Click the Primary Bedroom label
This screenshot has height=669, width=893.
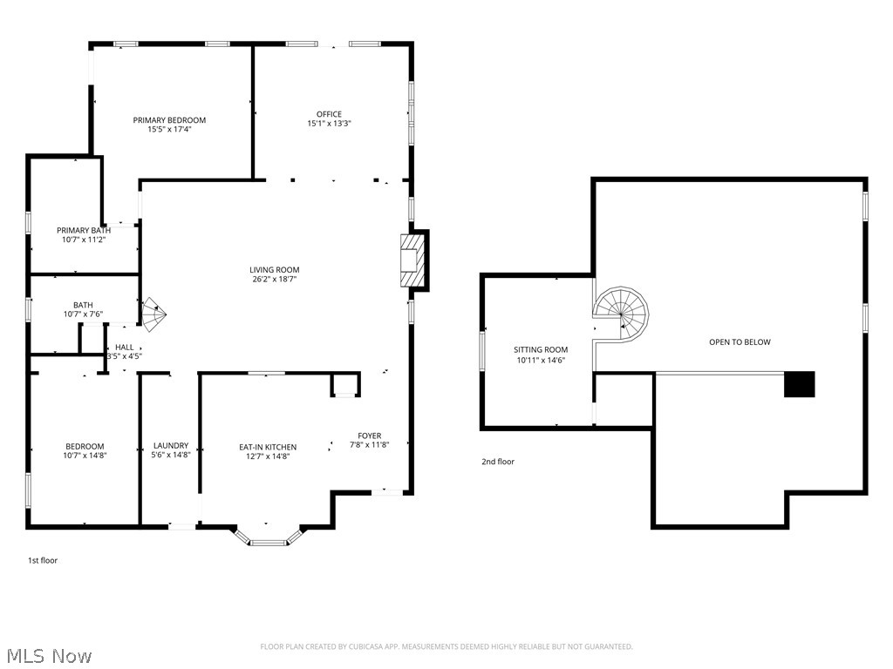click(x=169, y=120)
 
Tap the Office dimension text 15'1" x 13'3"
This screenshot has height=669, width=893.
click(x=329, y=124)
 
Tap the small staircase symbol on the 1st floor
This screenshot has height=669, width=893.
click(x=153, y=315)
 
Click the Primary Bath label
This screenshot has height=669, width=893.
click(x=84, y=230)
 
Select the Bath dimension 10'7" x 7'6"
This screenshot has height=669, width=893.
click(x=83, y=314)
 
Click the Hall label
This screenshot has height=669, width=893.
click(x=125, y=347)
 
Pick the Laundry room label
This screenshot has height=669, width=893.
click(x=171, y=445)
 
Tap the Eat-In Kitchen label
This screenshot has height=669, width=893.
click(x=268, y=447)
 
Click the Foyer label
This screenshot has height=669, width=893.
click(x=369, y=436)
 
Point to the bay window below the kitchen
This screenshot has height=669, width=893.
click(x=269, y=536)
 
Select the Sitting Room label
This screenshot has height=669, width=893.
click(x=541, y=349)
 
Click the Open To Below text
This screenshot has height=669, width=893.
click(x=740, y=342)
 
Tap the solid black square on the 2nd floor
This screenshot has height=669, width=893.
click(x=799, y=384)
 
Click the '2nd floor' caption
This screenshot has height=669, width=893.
click(x=498, y=462)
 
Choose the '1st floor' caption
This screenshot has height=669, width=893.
click(x=42, y=560)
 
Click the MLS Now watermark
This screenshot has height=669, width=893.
click(x=49, y=655)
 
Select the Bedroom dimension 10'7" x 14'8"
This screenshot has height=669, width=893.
click(x=84, y=455)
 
